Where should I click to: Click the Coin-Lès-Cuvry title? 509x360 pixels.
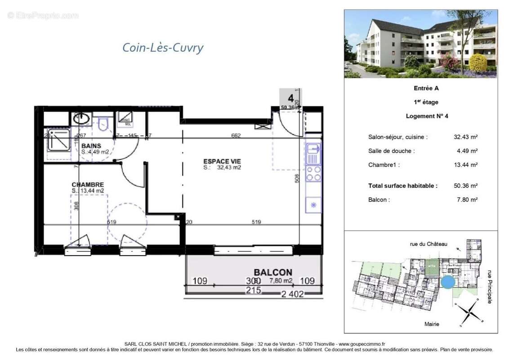point(163,47)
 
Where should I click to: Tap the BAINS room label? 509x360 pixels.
point(91,146)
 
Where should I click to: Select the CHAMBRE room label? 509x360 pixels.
point(88,184)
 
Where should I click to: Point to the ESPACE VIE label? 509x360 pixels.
point(222,161)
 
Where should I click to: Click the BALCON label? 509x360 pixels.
point(272,272)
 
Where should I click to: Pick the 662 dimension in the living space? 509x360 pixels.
point(237,135)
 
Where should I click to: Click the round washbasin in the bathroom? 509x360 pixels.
point(81,119)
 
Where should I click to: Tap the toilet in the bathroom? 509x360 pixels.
point(105,122)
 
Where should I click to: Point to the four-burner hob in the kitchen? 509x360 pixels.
point(313,174)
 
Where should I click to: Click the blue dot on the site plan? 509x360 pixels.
point(447,283)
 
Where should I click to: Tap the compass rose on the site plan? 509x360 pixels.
point(468,311)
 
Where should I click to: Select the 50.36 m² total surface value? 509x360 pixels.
point(466,185)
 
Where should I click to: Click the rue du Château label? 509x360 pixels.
point(428,244)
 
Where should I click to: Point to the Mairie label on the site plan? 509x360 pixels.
point(432,324)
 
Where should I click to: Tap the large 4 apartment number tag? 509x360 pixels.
point(290,98)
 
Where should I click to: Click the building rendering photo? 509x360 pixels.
point(420,44)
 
